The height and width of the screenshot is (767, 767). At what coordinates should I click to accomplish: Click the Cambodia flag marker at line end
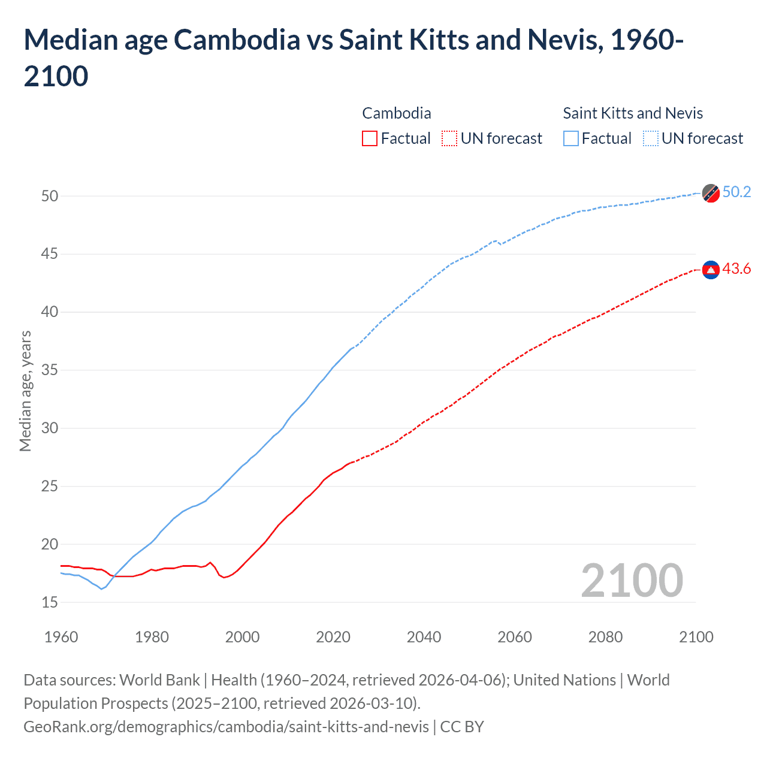click(x=711, y=270)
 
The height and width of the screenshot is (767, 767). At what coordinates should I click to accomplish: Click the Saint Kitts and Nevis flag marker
click(x=711, y=194)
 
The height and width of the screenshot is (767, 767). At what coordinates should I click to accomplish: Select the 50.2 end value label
click(x=736, y=192)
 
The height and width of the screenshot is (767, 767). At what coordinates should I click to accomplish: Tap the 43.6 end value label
click(x=736, y=268)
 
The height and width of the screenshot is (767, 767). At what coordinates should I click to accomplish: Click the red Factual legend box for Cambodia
click(x=370, y=138)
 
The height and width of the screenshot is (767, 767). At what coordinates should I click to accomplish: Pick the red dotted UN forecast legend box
click(x=449, y=138)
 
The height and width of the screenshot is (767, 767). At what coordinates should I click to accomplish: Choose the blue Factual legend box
click(x=571, y=138)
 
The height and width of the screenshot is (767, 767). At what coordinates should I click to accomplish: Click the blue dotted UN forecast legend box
click(x=650, y=138)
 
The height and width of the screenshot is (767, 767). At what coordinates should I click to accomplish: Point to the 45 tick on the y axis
click(x=50, y=254)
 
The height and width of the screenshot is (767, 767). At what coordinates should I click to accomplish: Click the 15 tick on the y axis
click(x=50, y=602)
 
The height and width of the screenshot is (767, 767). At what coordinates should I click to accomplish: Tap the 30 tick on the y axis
click(x=50, y=428)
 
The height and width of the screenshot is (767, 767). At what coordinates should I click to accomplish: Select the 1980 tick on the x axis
click(x=152, y=636)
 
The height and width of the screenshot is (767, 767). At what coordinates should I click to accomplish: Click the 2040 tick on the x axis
click(x=424, y=636)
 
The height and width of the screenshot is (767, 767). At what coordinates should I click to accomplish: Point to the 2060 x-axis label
click(x=515, y=636)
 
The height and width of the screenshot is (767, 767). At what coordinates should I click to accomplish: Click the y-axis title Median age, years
click(x=25, y=391)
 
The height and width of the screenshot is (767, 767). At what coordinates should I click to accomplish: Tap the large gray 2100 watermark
click(x=632, y=580)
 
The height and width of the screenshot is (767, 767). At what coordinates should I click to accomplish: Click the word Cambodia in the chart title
click(x=237, y=40)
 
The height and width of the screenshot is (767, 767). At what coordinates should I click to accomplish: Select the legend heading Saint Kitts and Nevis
click(x=633, y=113)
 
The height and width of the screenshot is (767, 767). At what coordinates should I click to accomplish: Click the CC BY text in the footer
click(x=462, y=727)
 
